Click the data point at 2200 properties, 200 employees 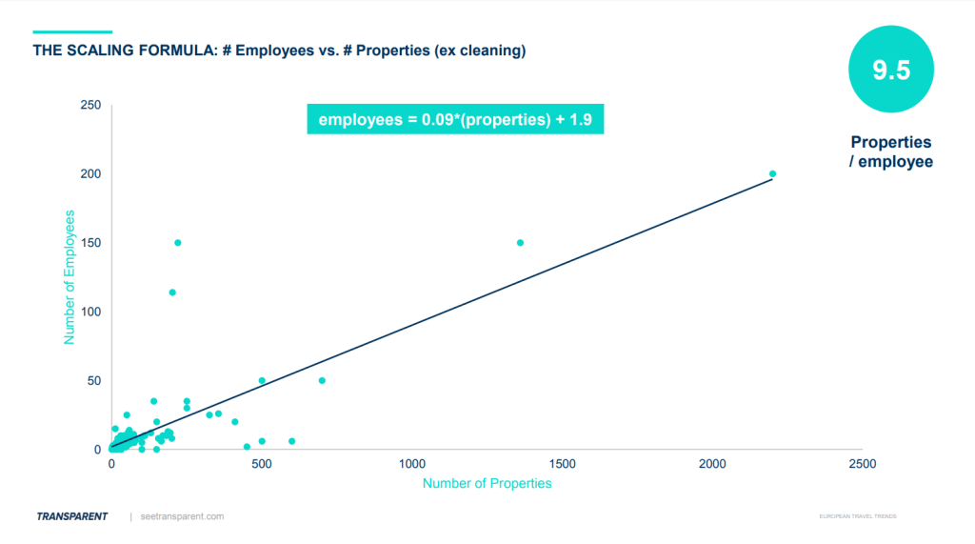[x=772, y=173]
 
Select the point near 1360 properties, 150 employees [x=520, y=243]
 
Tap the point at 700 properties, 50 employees [x=322, y=380]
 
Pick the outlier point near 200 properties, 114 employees [x=172, y=292]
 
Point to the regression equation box [x=455, y=120]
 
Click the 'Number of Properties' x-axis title [x=487, y=483]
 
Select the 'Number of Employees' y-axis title [x=70, y=278]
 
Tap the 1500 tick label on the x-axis [x=562, y=464]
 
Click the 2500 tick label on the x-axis [x=862, y=464]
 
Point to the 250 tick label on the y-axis [x=91, y=105]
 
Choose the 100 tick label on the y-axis [x=91, y=312]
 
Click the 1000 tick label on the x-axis [x=411, y=464]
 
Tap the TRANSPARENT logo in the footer [x=72, y=516]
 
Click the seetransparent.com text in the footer [x=181, y=516]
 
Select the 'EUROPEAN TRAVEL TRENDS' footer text [x=857, y=516]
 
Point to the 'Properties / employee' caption [x=891, y=152]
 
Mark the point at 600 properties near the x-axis [x=291, y=441]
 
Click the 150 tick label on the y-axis [x=91, y=243]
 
